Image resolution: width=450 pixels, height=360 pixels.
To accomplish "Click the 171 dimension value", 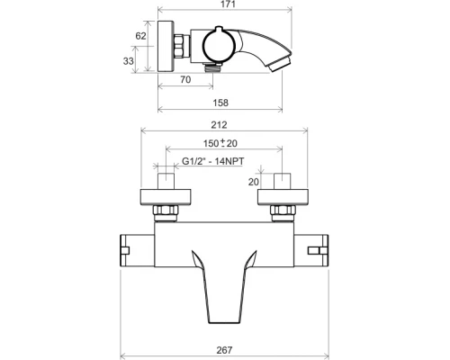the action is point(228,4).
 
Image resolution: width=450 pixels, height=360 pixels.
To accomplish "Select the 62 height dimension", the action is point(140,36).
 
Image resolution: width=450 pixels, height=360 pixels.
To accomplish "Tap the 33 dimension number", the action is point(129,61).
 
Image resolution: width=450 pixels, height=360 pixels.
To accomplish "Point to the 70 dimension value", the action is point(185,79).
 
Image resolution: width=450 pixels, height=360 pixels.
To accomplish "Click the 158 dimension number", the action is point(220,103).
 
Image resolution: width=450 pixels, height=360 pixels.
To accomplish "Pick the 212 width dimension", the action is point(219,125).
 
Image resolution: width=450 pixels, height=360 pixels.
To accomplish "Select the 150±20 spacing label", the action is point(220,143).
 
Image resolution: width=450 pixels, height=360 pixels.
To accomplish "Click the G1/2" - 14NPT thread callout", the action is point(213,161).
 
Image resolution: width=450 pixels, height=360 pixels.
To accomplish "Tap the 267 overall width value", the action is point(224,350).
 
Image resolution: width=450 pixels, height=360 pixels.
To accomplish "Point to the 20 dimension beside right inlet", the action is point(254,182).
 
